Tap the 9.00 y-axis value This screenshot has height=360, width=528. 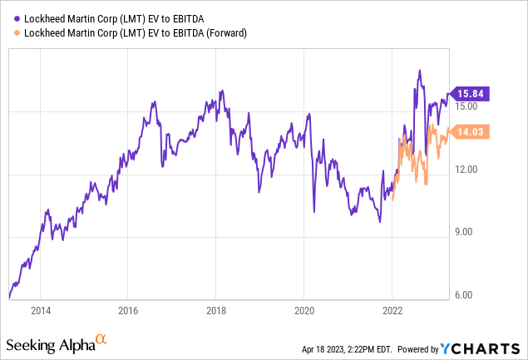(x=467, y=232)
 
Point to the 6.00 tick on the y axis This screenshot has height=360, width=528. (x=467, y=294)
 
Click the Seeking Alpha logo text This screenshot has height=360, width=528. (x=49, y=343)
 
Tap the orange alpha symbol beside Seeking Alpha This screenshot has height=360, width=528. (x=101, y=339)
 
